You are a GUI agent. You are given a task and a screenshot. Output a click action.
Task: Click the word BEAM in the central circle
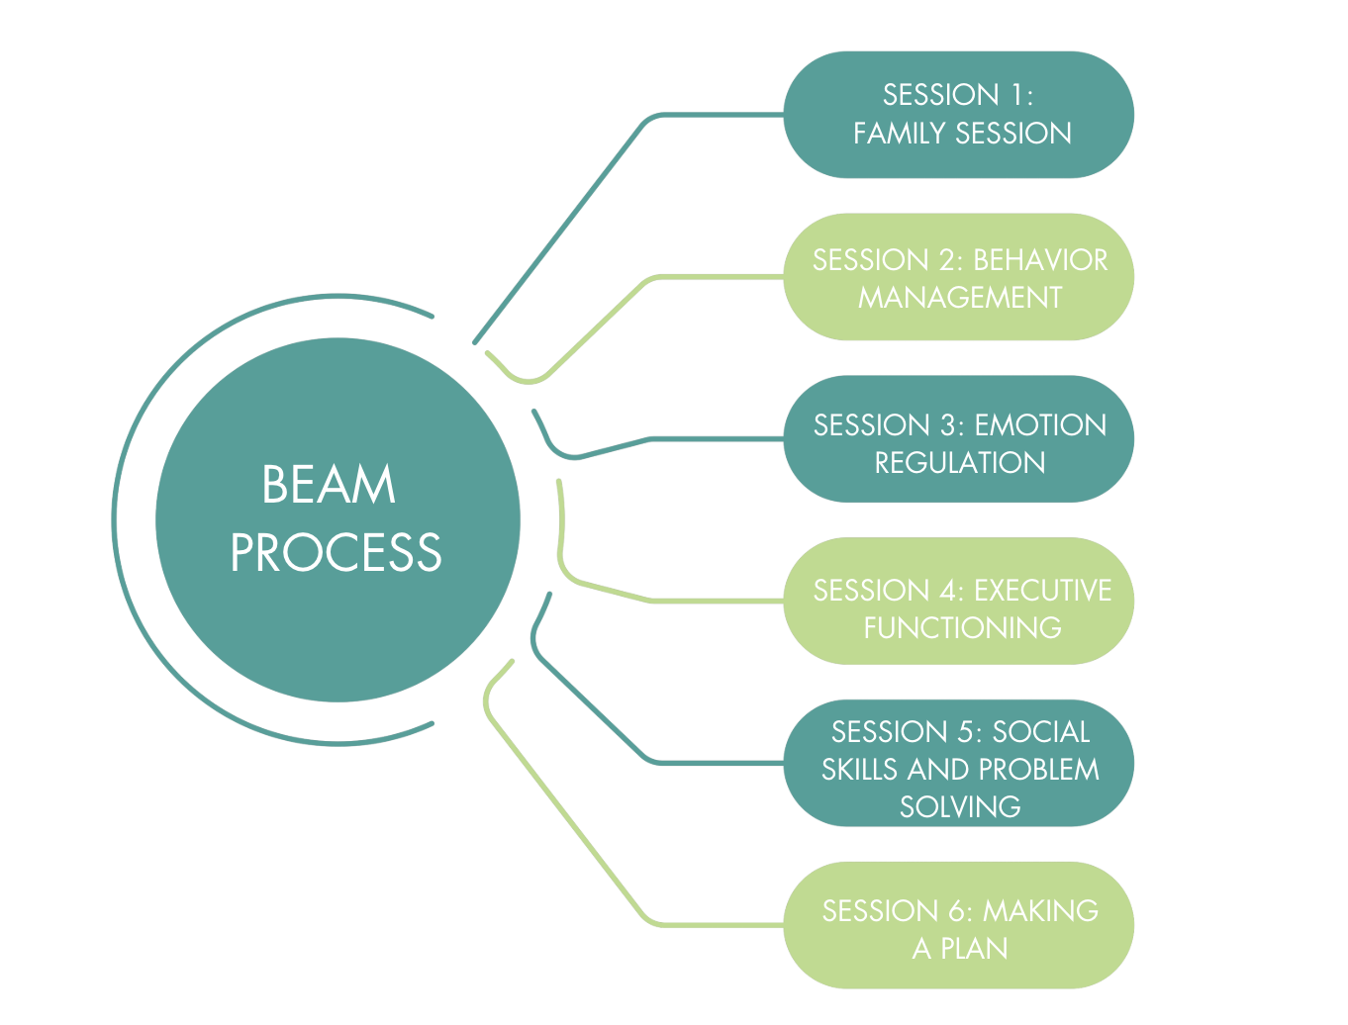[x=329, y=485]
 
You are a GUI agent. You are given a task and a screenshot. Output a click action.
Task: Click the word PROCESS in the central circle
[x=336, y=553]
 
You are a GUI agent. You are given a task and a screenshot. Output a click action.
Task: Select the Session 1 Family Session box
[x=958, y=115]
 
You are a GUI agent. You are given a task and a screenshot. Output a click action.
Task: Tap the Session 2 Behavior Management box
[x=958, y=277]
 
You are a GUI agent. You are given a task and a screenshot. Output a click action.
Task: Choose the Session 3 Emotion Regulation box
[x=958, y=439]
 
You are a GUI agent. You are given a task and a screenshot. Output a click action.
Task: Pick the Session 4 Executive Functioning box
[x=958, y=602]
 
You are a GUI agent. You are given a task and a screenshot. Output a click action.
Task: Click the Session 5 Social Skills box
[x=958, y=764]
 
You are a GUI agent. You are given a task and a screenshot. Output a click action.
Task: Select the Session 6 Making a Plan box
[x=958, y=926]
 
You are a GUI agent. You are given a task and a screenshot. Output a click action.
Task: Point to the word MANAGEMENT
[x=960, y=298]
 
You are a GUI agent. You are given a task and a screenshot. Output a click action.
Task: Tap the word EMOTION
[x=1040, y=425]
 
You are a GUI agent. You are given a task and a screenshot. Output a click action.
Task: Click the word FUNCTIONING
[x=962, y=628]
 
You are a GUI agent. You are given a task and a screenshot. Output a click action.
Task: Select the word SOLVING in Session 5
[x=960, y=807]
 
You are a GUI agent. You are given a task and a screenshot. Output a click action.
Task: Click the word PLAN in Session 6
[x=974, y=949]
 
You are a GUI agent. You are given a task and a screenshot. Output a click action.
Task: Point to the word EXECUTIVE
[x=1042, y=591]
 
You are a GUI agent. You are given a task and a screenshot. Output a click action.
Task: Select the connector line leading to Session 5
[x=594, y=711]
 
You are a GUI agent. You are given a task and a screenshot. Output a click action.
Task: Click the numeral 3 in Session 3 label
[x=949, y=425]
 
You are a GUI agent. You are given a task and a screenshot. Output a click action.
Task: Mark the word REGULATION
[x=960, y=463]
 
